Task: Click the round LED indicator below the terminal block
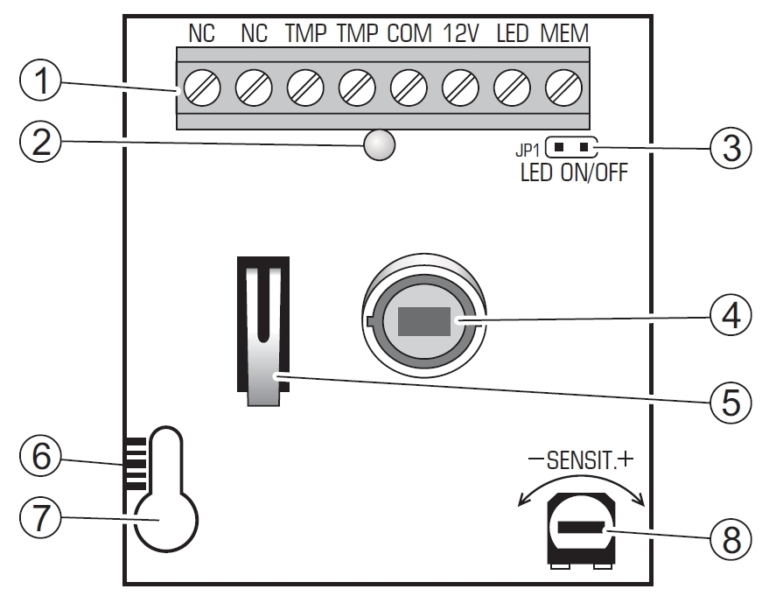378,145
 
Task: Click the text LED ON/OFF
572,172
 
